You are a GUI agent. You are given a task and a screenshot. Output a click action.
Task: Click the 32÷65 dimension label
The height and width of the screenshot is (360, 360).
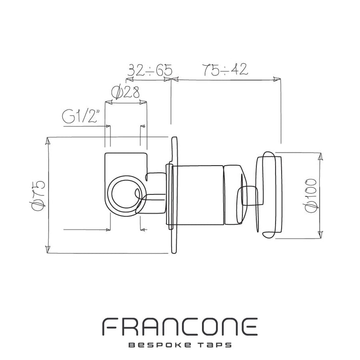pyautogui.click(x=150, y=70)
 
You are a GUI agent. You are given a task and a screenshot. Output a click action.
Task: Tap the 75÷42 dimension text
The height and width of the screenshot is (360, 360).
pyautogui.click(x=226, y=69)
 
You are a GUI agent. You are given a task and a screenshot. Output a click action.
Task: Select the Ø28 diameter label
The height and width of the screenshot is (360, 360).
pyautogui.click(x=125, y=92)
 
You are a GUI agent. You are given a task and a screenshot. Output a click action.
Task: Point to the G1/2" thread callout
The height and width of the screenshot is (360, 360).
pyautogui.click(x=82, y=117)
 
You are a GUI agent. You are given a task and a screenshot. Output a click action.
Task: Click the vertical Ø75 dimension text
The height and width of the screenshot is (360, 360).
pyautogui.click(x=38, y=195)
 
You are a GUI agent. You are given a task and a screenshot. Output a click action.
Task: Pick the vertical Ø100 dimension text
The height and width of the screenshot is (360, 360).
pyautogui.click(x=311, y=196)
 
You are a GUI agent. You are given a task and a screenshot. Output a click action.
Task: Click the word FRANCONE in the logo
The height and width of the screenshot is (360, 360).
pyautogui.click(x=180, y=327)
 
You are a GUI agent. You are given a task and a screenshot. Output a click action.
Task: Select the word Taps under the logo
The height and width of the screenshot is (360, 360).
pyautogui.click(x=215, y=345)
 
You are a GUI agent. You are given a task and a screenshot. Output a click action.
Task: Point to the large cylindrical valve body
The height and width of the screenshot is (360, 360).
pyautogui.click(x=197, y=195)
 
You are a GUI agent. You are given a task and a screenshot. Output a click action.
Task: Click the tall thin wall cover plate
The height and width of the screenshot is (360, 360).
pyautogui.click(x=174, y=195)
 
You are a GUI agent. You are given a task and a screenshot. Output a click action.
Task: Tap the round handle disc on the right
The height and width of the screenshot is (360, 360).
pyautogui.click(x=269, y=195)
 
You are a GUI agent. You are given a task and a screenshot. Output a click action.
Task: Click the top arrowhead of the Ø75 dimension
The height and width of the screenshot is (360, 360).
pyautogui.click(x=48, y=141)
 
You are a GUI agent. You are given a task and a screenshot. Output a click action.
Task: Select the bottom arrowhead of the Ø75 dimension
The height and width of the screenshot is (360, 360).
pyautogui.click(x=48, y=250)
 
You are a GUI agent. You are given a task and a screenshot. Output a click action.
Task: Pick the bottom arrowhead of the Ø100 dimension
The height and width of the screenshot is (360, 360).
pyautogui.click(x=321, y=235)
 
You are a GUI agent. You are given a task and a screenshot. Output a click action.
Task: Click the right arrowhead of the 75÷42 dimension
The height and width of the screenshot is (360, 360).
pyautogui.click(x=276, y=79)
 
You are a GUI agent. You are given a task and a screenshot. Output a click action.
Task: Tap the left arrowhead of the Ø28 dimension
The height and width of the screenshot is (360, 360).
pyautogui.click(x=108, y=102)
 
